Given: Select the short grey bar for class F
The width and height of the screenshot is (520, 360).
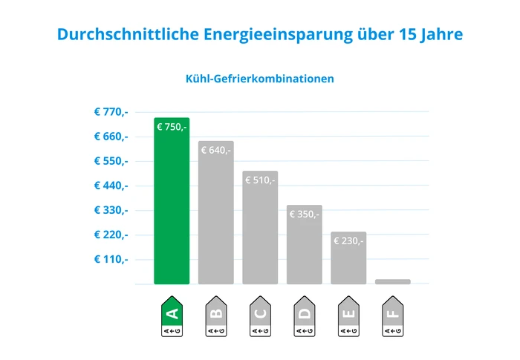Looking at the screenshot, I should coord(392,281).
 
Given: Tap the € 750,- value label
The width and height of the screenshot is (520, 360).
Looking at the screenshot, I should coord(172,127).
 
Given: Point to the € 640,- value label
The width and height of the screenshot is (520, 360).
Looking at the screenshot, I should coord(215,150).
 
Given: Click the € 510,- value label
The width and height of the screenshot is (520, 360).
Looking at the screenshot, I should coord(260,180).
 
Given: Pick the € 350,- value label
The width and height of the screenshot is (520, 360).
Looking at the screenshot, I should coord(304,214).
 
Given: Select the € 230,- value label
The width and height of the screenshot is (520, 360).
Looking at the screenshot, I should coord(348,240).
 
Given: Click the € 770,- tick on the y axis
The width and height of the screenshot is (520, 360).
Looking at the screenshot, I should coord(111,112).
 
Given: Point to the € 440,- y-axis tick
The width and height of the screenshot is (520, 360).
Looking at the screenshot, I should coord(111,186).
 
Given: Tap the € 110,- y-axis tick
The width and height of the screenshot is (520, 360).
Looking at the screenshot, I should coord(111,259).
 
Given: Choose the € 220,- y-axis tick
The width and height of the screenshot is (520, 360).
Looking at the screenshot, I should coord(111,235).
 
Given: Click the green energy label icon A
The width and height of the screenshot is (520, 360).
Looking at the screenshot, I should coord(172,317).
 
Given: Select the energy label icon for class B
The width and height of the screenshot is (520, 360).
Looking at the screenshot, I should coord(215,317).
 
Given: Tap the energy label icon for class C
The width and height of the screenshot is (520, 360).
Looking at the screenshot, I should coord(260,317).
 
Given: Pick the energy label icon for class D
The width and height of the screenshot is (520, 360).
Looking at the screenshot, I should coord(304,317).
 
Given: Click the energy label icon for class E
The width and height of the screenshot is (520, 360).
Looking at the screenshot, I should coord(348,317).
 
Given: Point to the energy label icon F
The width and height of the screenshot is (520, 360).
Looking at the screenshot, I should coord(392,317).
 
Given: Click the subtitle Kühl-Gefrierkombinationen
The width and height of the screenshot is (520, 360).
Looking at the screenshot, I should coord(259,78).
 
